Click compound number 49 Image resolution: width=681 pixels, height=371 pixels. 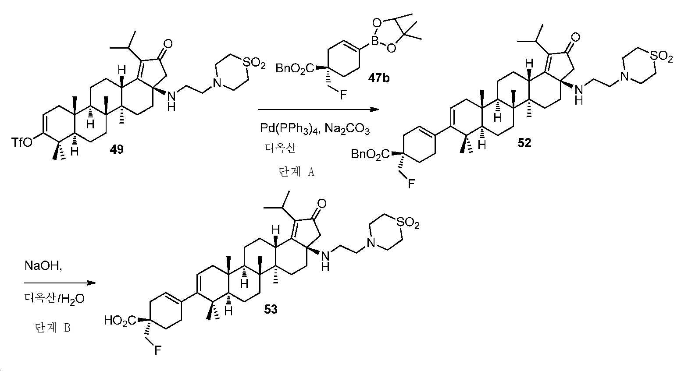pyautogui.click(x=117, y=149)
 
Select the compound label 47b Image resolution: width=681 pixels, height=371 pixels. pyautogui.click(x=379, y=78)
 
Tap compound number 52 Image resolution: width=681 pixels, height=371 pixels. pyautogui.click(x=524, y=143)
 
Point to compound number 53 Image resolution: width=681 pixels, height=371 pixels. pyautogui.click(x=271, y=309)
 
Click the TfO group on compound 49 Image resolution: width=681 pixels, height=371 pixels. pyautogui.click(x=22, y=142)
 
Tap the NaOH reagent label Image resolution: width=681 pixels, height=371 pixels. pyautogui.click(x=43, y=266)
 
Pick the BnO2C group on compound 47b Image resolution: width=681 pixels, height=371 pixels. pyautogui.click(x=295, y=69)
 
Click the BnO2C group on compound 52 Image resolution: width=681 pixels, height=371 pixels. pyautogui.click(x=370, y=154)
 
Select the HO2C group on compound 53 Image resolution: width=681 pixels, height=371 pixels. pyautogui.click(x=120, y=321)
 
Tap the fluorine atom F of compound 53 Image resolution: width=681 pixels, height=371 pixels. pyautogui.click(x=157, y=351)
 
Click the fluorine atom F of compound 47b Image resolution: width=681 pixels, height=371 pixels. pyautogui.click(x=343, y=95)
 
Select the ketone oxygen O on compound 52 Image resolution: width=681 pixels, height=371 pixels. pyautogui.click(x=575, y=38)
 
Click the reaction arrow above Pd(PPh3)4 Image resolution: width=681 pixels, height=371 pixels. pyautogui.click(x=318, y=110)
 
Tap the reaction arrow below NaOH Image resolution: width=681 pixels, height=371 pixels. pyautogui.click(x=60, y=283)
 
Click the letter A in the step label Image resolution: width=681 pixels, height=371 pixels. pyautogui.click(x=311, y=172)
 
